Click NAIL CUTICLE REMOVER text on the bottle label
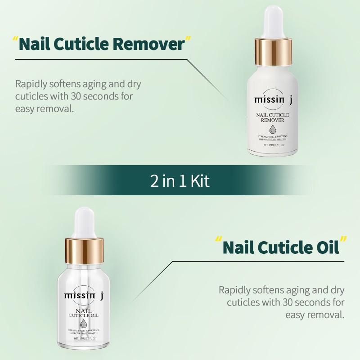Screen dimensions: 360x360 273,118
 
